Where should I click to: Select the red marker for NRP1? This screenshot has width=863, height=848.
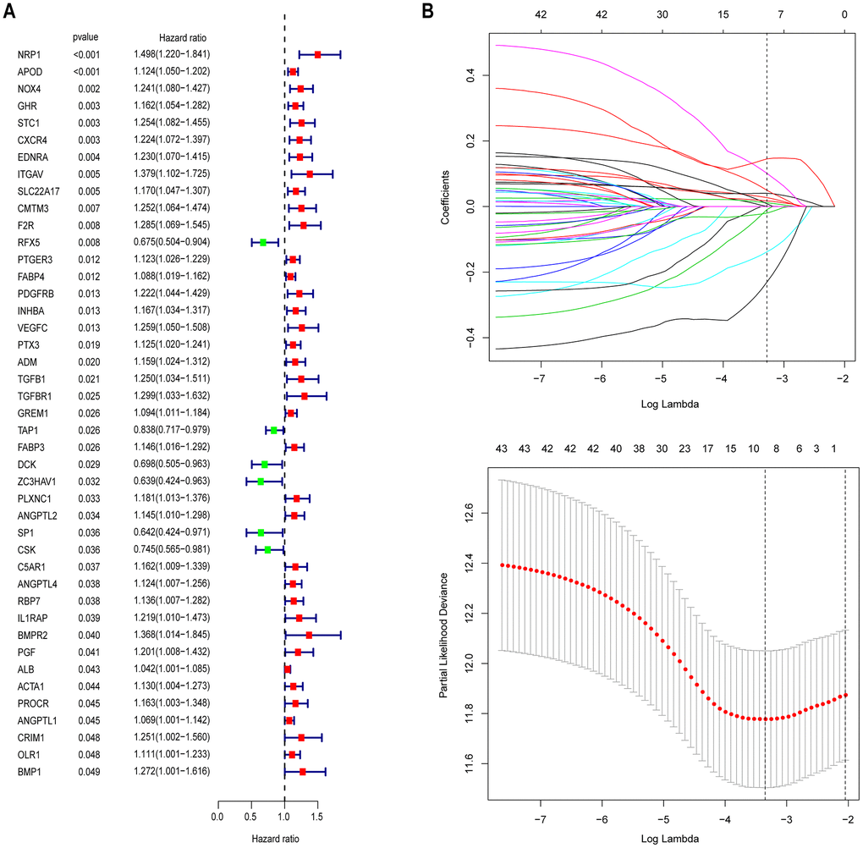pyautogui.click(x=318, y=54)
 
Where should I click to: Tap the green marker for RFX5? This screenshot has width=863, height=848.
pyautogui.click(x=263, y=242)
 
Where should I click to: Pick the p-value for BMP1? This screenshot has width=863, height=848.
pyautogui.click(x=88, y=772)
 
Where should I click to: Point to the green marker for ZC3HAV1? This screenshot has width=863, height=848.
pyautogui.click(x=261, y=481)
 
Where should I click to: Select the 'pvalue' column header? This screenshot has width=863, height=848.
pyautogui.click(x=87, y=38)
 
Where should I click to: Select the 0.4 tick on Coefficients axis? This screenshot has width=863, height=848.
pyautogui.click(x=473, y=76)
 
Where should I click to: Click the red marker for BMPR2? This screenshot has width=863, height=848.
pyautogui.click(x=309, y=635)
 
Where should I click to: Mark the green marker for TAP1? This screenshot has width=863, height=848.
pyautogui.click(x=273, y=430)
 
